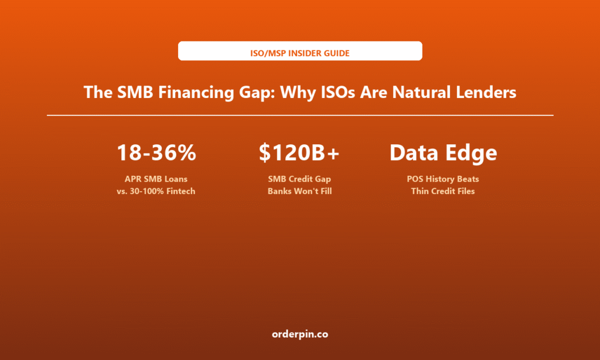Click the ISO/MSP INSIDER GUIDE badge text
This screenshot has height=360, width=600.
299,53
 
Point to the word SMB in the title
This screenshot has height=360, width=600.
135,92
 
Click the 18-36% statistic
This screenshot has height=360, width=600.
156,152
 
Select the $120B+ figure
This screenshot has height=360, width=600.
299,152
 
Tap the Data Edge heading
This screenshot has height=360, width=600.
443,153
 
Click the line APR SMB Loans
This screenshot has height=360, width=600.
156,179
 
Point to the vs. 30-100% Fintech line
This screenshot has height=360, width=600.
156,191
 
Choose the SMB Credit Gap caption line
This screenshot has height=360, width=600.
299,179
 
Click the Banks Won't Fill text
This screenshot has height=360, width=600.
299,191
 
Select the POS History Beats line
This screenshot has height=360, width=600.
443,179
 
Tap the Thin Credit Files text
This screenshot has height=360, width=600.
443,191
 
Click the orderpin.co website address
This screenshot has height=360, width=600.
300,334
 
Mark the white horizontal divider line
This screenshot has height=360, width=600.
300,115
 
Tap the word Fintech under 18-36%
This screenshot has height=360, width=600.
180,191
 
